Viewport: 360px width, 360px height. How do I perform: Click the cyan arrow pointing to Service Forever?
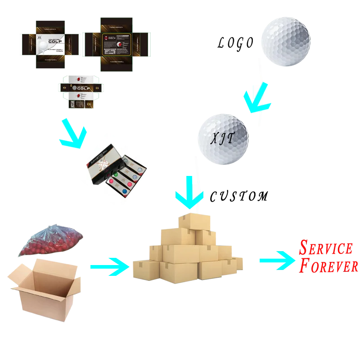coord(275,260)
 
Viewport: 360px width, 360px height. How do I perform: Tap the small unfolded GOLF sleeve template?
coord(81,92)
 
